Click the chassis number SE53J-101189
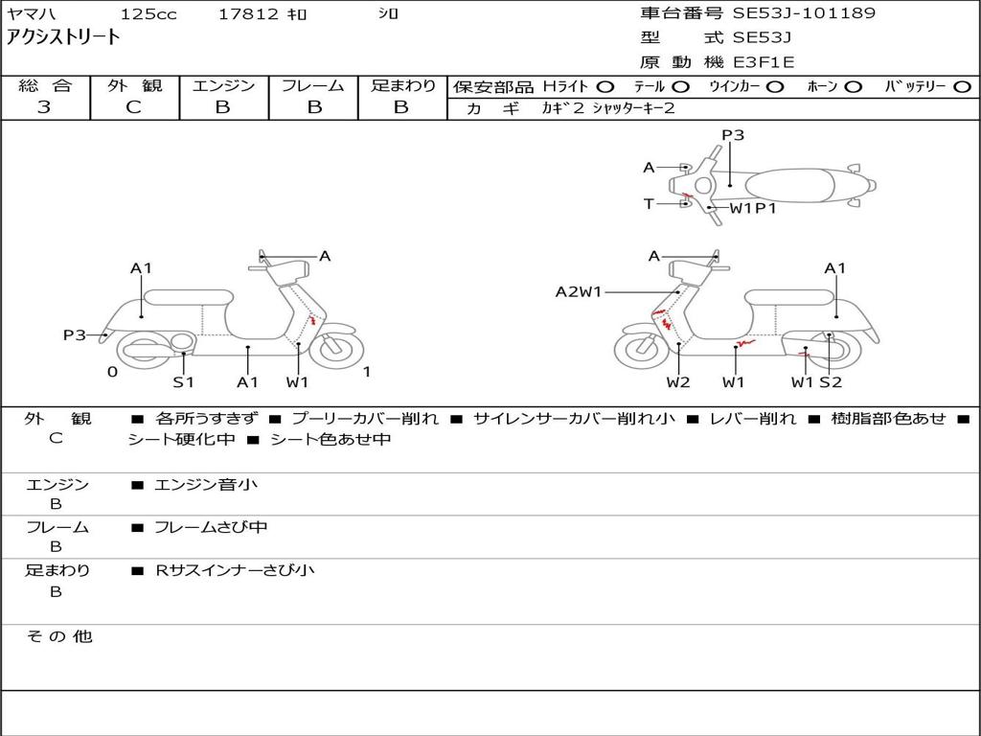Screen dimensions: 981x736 pyautogui.click(x=804, y=13)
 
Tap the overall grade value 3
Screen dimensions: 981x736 pyautogui.click(x=44, y=107)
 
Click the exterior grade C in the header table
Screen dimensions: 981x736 pyautogui.click(x=134, y=107)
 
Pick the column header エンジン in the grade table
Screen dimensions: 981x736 pyautogui.click(x=223, y=85)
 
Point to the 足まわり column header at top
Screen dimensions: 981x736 pyautogui.click(x=402, y=85)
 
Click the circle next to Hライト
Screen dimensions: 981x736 pyautogui.click(x=605, y=87)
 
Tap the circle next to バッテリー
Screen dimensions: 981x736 pyautogui.click(x=963, y=87)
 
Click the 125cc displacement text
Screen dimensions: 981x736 pyautogui.click(x=148, y=13)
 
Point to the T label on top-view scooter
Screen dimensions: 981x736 pyautogui.click(x=649, y=204)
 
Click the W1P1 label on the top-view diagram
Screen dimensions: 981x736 pyautogui.click(x=753, y=208)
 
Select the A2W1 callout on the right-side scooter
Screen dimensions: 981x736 pyautogui.click(x=578, y=291)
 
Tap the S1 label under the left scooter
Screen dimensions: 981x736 pyautogui.click(x=183, y=381)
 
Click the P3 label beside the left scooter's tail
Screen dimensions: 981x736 pyautogui.click(x=75, y=335)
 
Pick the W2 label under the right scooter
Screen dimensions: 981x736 pyautogui.click(x=678, y=381)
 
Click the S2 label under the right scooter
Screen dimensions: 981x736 pyautogui.click(x=831, y=381)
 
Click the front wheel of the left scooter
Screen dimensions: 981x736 pyautogui.click(x=336, y=349)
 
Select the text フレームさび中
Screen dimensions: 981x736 pyautogui.click(x=211, y=528)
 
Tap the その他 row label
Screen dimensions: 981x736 pyautogui.click(x=59, y=636)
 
